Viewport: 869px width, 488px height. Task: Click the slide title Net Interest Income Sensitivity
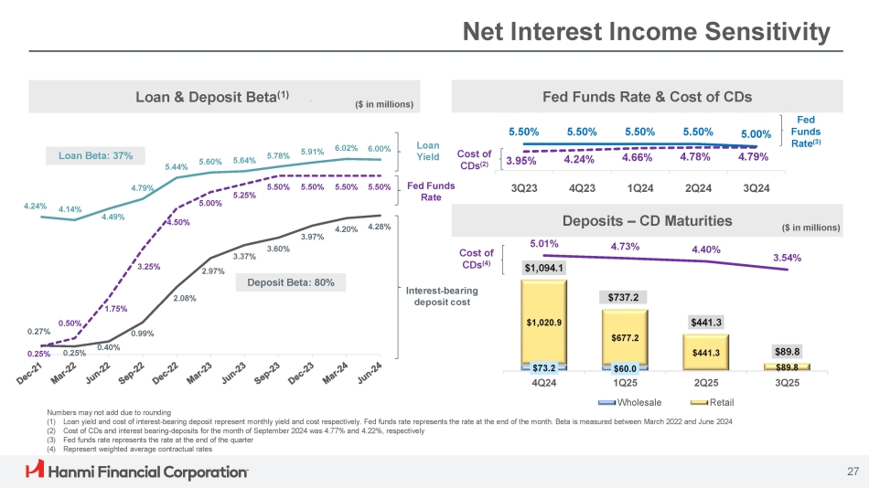(x=646, y=34)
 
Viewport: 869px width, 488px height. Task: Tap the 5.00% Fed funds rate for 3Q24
(x=756, y=134)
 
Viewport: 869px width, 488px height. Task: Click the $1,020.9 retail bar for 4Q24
(x=544, y=322)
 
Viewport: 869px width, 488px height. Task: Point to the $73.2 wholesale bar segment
(x=544, y=367)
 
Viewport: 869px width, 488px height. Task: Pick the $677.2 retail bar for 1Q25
(x=626, y=338)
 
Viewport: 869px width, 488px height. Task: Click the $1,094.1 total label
(x=544, y=268)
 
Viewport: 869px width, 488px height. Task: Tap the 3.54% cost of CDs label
(x=788, y=258)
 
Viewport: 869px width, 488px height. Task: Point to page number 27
(x=853, y=472)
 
